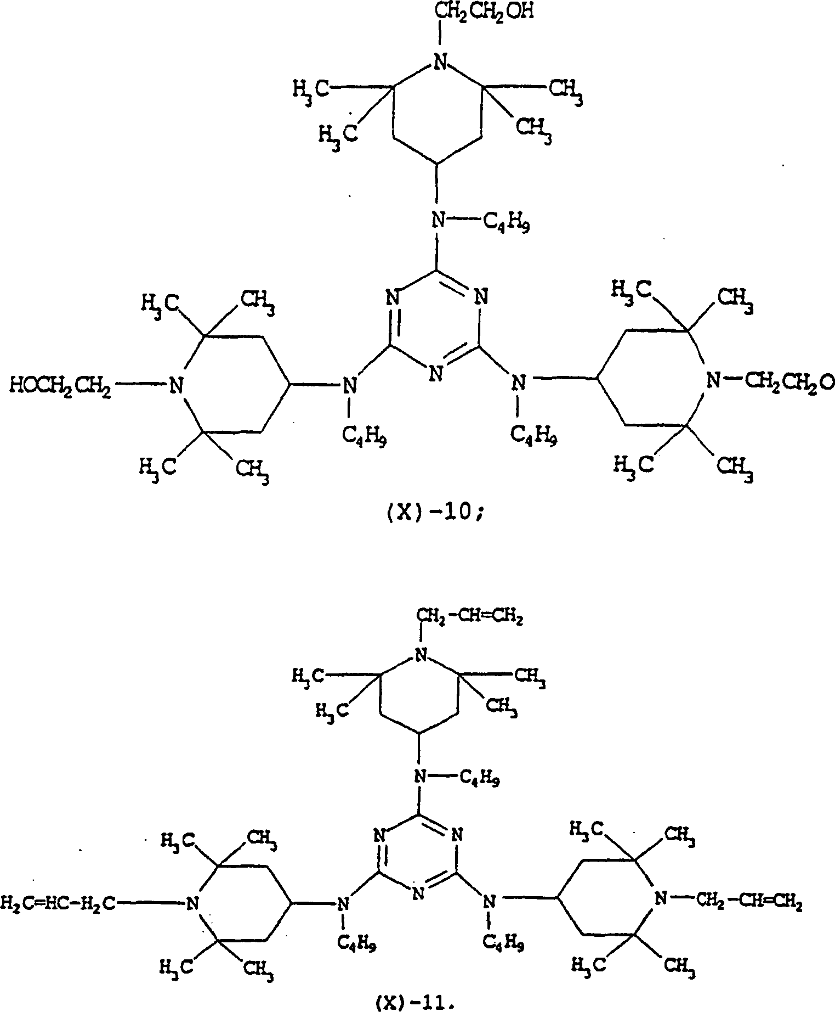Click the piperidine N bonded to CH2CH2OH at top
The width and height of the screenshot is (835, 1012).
click(438, 62)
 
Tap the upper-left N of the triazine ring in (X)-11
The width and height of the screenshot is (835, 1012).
click(379, 836)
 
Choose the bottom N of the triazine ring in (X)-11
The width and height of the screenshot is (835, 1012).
click(418, 894)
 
